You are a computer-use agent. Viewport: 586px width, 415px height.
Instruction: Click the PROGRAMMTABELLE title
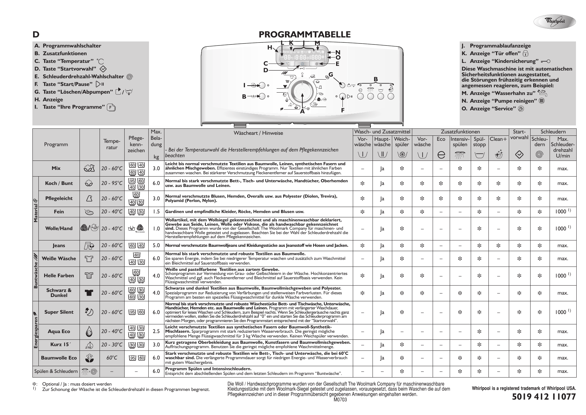305,34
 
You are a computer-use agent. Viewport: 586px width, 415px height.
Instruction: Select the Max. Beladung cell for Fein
156,212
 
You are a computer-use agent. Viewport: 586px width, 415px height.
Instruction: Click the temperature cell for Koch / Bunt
112,183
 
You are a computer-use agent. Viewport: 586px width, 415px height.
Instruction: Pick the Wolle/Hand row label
59,228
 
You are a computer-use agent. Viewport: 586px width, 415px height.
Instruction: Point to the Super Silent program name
59,312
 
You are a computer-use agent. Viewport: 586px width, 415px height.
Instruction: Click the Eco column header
441,139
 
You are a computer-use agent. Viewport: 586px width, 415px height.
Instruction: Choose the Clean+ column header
498,139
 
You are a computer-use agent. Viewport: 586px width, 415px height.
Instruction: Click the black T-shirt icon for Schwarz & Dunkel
89,293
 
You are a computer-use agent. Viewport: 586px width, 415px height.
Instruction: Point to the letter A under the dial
302,112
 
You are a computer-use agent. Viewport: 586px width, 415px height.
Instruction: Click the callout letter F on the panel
342,110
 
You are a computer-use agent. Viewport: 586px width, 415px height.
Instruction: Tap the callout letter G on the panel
331,74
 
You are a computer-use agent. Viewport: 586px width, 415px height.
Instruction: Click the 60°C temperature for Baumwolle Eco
112,358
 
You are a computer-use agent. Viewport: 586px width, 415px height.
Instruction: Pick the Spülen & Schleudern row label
56,371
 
